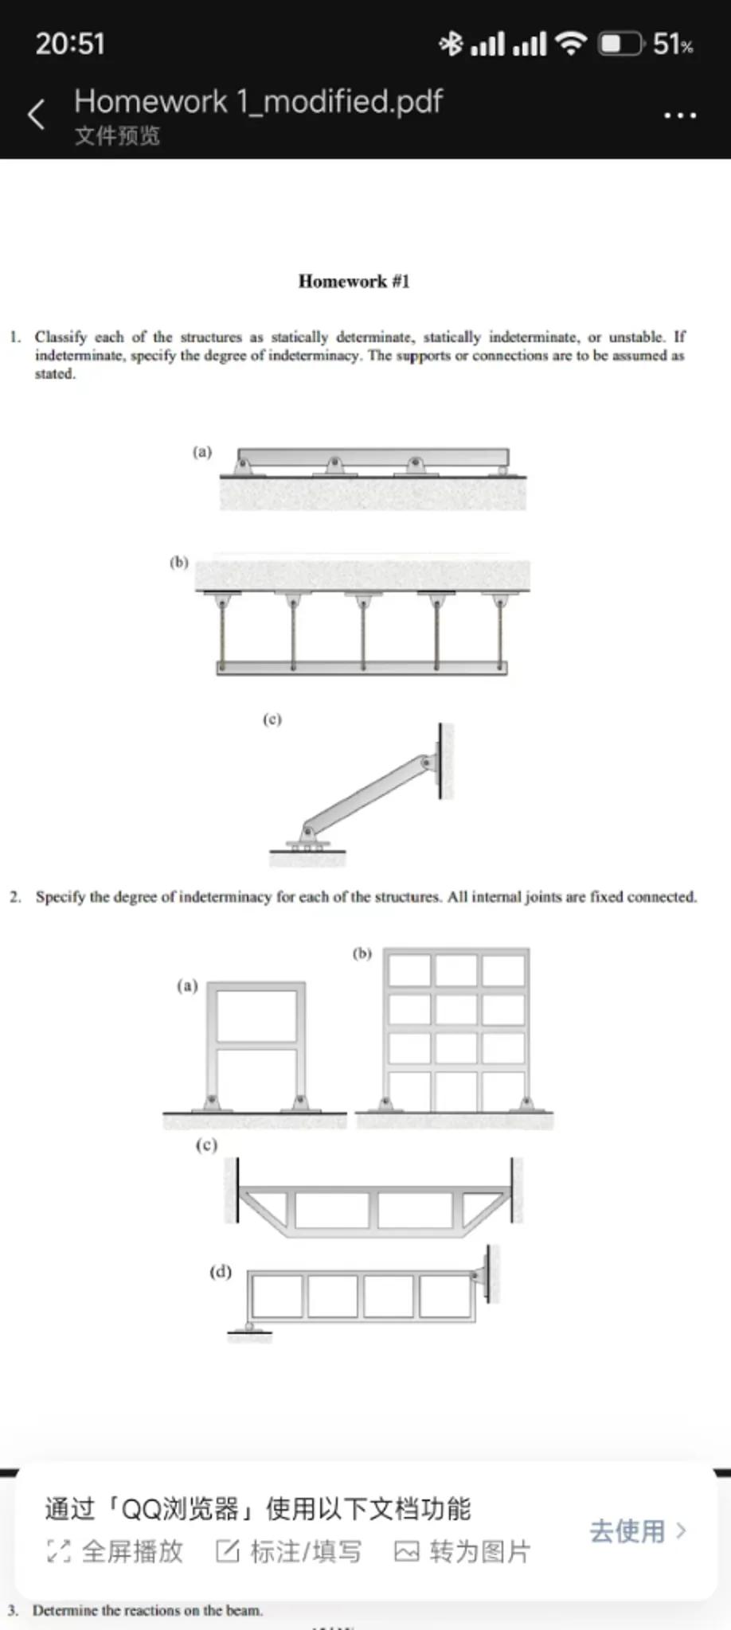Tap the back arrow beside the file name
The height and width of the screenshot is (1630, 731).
[36, 115]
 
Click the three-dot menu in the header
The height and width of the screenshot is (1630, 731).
[680, 115]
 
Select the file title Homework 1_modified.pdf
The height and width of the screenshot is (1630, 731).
[258, 102]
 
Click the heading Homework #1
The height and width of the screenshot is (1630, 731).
[354, 281]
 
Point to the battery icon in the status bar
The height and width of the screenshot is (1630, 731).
[620, 43]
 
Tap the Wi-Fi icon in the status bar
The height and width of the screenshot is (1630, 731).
[571, 43]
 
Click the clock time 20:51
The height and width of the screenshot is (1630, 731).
[70, 43]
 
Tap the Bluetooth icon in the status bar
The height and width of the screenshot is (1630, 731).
[451, 43]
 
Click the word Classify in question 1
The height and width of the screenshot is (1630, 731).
[60, 337]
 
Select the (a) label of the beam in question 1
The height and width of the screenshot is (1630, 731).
[202, 451]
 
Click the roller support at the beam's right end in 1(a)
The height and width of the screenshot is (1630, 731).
[502, 470]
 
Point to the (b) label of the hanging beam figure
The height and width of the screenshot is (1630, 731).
[179, 562]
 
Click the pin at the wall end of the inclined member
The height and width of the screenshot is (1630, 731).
[427, 762]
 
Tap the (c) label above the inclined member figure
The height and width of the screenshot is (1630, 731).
[272, 719]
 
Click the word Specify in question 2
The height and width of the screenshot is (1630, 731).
[61, 897]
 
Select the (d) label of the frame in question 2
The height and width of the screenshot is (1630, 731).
[221, 1271]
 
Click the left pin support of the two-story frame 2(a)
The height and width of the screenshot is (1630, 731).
[212, 1102]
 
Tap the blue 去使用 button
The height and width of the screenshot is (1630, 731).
[637, 1531]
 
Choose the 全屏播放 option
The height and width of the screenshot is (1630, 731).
[116, 1551]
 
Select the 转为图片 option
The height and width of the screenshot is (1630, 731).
[463, 1551]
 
